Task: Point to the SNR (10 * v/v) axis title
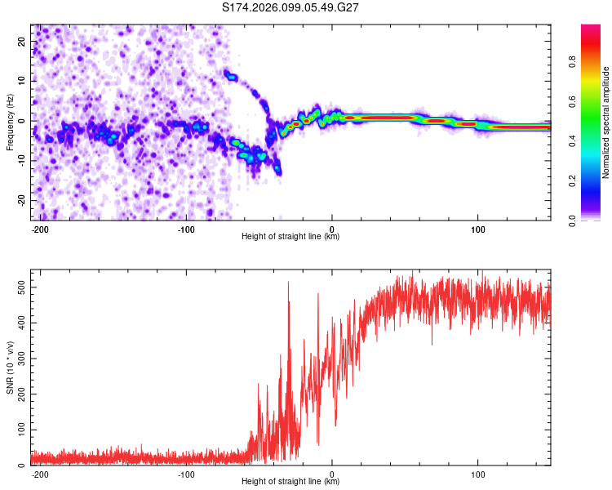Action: pos(10,367)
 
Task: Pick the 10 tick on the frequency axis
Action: pos(22,81)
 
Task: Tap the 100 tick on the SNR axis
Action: pos(19,430)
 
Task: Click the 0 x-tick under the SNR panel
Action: pos(331,474)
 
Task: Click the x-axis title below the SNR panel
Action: pos(290,482)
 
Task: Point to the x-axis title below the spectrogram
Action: pos(290,237)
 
